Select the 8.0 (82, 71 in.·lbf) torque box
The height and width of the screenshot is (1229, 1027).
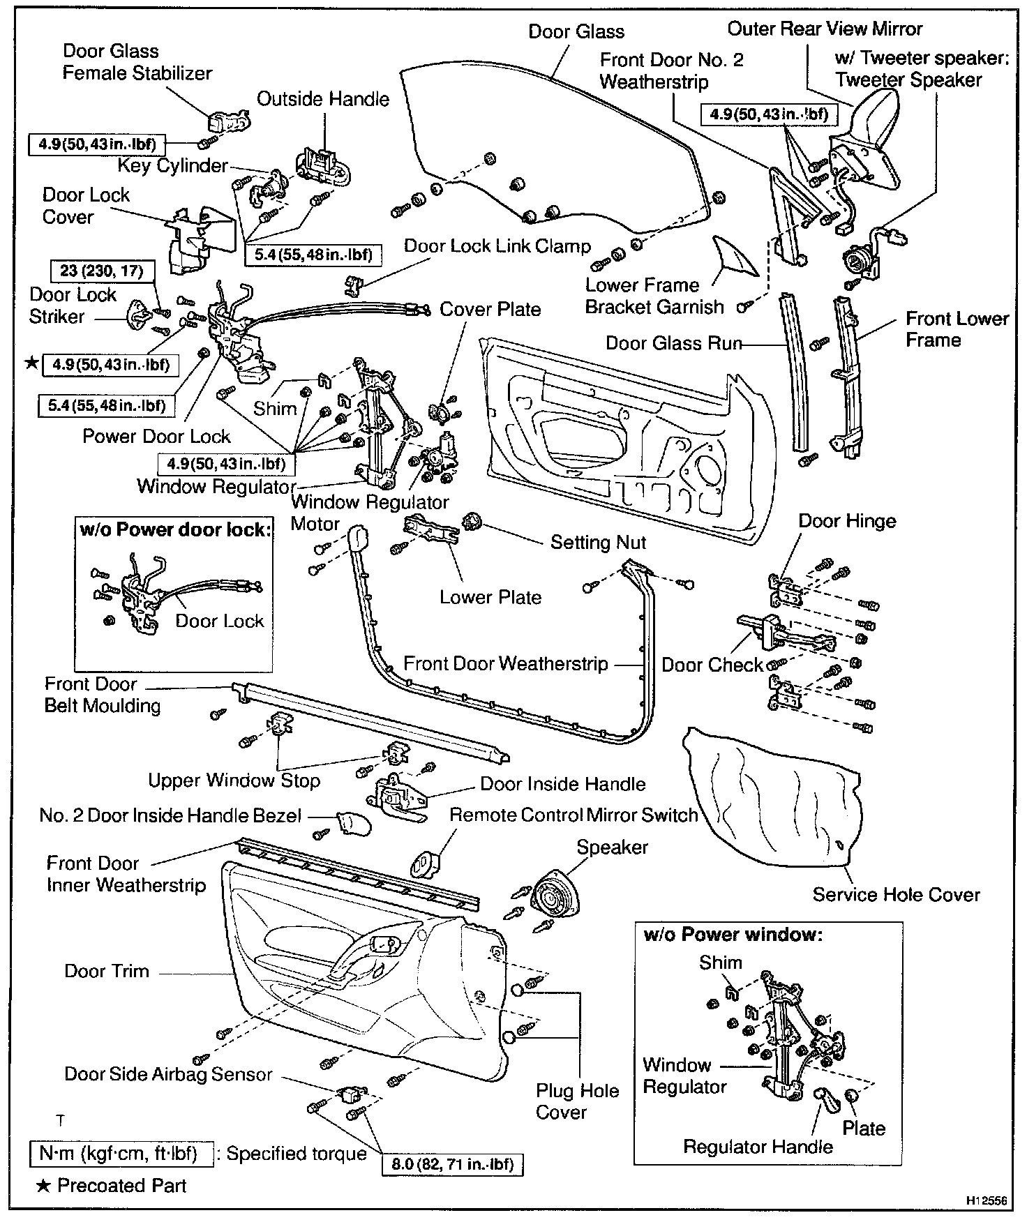click(452, 1164)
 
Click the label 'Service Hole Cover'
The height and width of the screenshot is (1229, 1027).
click(896, 895)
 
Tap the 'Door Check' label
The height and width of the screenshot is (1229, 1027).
click(712, 665)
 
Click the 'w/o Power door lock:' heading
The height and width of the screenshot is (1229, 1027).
click(174, 529)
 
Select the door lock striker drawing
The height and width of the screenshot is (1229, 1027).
click(136, 315)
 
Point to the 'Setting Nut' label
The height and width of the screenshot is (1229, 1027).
click(598, 543)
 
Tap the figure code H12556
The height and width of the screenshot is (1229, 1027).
click(987, 1201)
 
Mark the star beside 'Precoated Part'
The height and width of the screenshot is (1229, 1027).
click(43, 1186)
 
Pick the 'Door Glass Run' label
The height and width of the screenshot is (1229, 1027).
click(673, 343)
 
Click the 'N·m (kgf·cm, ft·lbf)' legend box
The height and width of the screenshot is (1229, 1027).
click(122, 1154)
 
